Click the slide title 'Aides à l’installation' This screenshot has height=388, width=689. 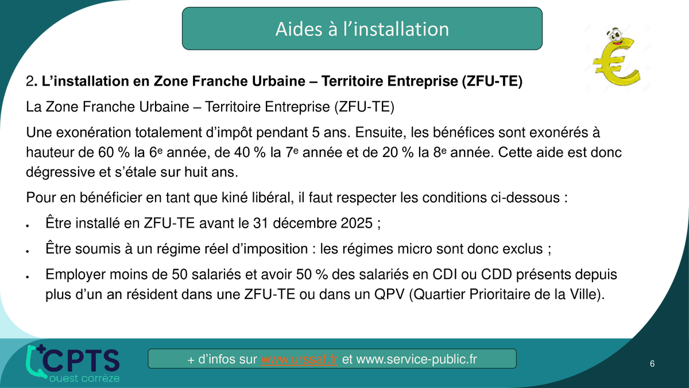pos(362,29)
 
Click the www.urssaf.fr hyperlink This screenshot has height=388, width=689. pos(299,359)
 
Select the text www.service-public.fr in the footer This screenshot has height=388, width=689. pos(416,359)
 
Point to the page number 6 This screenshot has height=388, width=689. pos(652,364)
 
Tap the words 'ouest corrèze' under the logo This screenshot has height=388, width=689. pos(84,378)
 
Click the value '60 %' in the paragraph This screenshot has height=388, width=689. pos(114,152)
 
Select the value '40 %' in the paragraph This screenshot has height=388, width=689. pos(250,152)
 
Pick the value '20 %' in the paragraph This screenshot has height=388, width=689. pos(398,152)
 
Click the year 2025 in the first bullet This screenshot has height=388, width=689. pos(357,223)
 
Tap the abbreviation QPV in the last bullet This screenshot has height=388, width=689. pos(389,294)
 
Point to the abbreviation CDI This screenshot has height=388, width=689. pos(445,274)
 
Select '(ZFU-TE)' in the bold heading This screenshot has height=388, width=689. pos(492,81)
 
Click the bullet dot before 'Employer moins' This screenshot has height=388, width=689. pos(28,277)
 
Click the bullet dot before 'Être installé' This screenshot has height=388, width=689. pos(28,226)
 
